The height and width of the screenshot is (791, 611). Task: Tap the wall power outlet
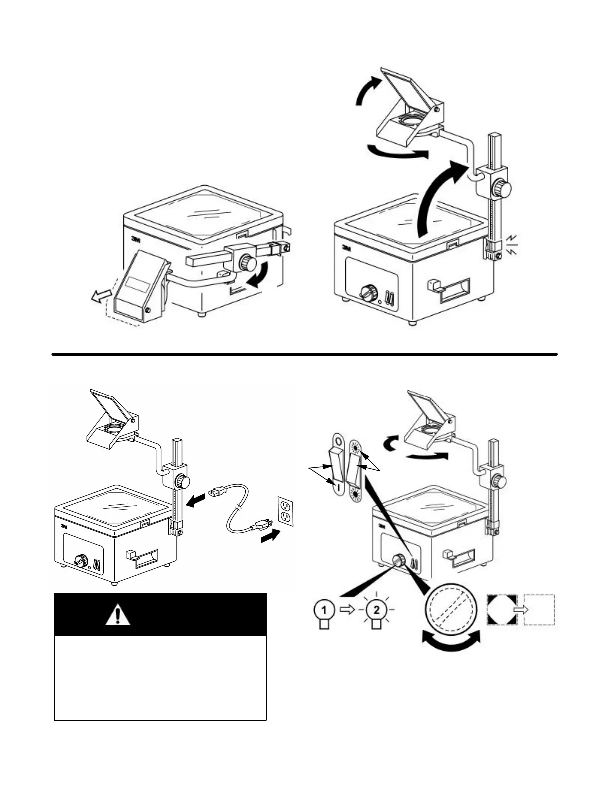[285, 511]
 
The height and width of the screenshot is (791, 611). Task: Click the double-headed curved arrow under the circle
[451, 642]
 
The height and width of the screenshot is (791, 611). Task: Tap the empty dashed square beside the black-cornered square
[540, 610]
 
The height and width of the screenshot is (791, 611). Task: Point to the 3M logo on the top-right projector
[347, 247]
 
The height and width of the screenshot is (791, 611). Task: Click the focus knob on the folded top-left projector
[247, 262]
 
